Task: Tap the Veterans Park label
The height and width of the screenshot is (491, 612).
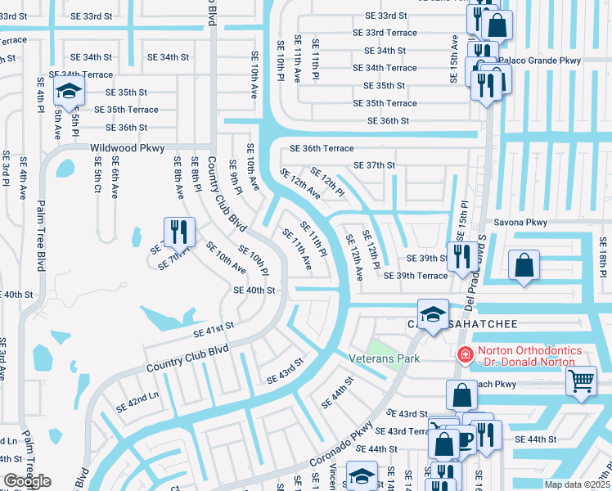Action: [x=361, y=358]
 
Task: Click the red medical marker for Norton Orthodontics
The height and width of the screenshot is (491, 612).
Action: [x=464, y=354]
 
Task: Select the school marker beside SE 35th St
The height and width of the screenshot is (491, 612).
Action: [x=69, y=92]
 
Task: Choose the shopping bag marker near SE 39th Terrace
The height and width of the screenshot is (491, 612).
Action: [x=523, y=266]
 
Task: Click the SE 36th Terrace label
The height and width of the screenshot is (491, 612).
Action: [x=322, y=148]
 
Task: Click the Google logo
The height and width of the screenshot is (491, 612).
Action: [x=27, y=481]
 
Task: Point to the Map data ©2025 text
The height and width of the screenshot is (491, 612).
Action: [x=578, y=484]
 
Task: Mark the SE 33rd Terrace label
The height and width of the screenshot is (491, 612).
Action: [x=385, y=33]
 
